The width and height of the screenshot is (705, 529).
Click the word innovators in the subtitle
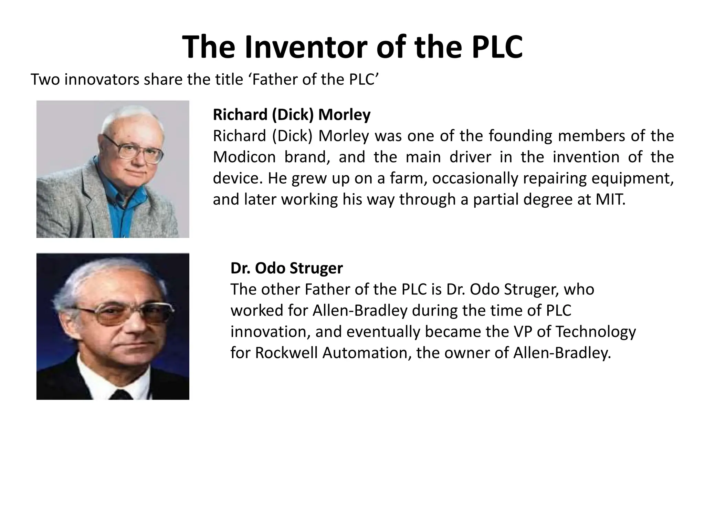(x=102, y=80)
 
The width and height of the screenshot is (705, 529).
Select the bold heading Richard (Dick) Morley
(x=292, y=114)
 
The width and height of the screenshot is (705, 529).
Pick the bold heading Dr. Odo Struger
(x=286, y=268)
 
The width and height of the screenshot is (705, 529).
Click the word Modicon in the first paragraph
(x=244, y=157)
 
